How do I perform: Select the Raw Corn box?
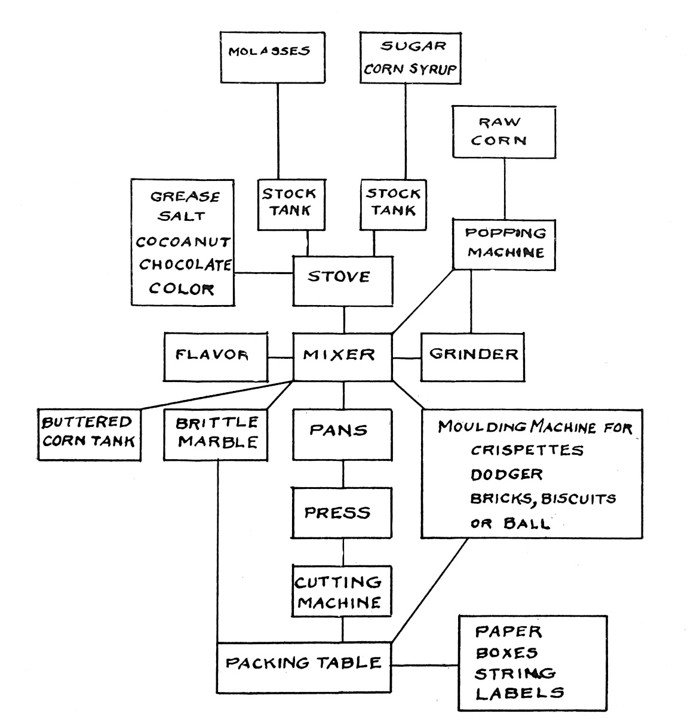click(504, 132)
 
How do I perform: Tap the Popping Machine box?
click(506, 244)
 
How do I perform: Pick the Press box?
click(342, 512)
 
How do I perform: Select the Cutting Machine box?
click(342, 591)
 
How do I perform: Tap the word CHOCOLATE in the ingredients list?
click(184, 264)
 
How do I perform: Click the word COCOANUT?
click(183, 242)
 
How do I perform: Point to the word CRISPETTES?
click(526, 451)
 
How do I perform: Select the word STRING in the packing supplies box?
click(515, 673)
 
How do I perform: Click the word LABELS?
click(519, 693)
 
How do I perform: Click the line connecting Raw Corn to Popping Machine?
click(504, 188)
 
